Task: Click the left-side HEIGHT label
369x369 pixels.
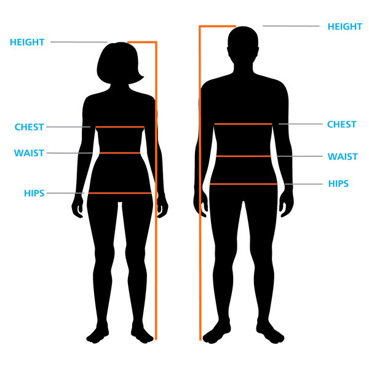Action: tap(27, 42)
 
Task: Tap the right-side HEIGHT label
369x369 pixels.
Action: tap(344, 26)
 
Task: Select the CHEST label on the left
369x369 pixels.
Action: tap(29, 127)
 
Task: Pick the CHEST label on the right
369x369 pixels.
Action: tap(342, 124)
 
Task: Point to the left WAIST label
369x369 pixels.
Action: tap(29, 153)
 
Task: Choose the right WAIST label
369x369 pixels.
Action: tap(343, 156)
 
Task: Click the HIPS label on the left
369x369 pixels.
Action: tap(34, 193)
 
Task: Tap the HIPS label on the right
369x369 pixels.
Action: tap(338, 184)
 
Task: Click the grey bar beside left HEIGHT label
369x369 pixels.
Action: tap(79, 42)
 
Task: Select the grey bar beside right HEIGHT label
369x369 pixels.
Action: tap(292, 26)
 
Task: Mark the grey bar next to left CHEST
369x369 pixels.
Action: tap(63, 127)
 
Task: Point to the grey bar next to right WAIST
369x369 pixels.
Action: tap(309, 156)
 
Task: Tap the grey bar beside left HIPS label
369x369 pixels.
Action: tap(60, 193)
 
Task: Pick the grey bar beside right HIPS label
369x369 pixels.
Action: tap(309, 184)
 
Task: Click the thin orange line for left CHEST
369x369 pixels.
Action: tap(120, 127)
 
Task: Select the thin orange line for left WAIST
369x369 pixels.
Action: tap(120, 153)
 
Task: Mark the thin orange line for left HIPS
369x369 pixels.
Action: tap(120, 193)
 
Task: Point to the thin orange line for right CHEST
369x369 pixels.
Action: tap(243, 124)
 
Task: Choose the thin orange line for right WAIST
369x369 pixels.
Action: tap(244, 156)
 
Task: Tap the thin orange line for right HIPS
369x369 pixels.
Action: tap(243, 184)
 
